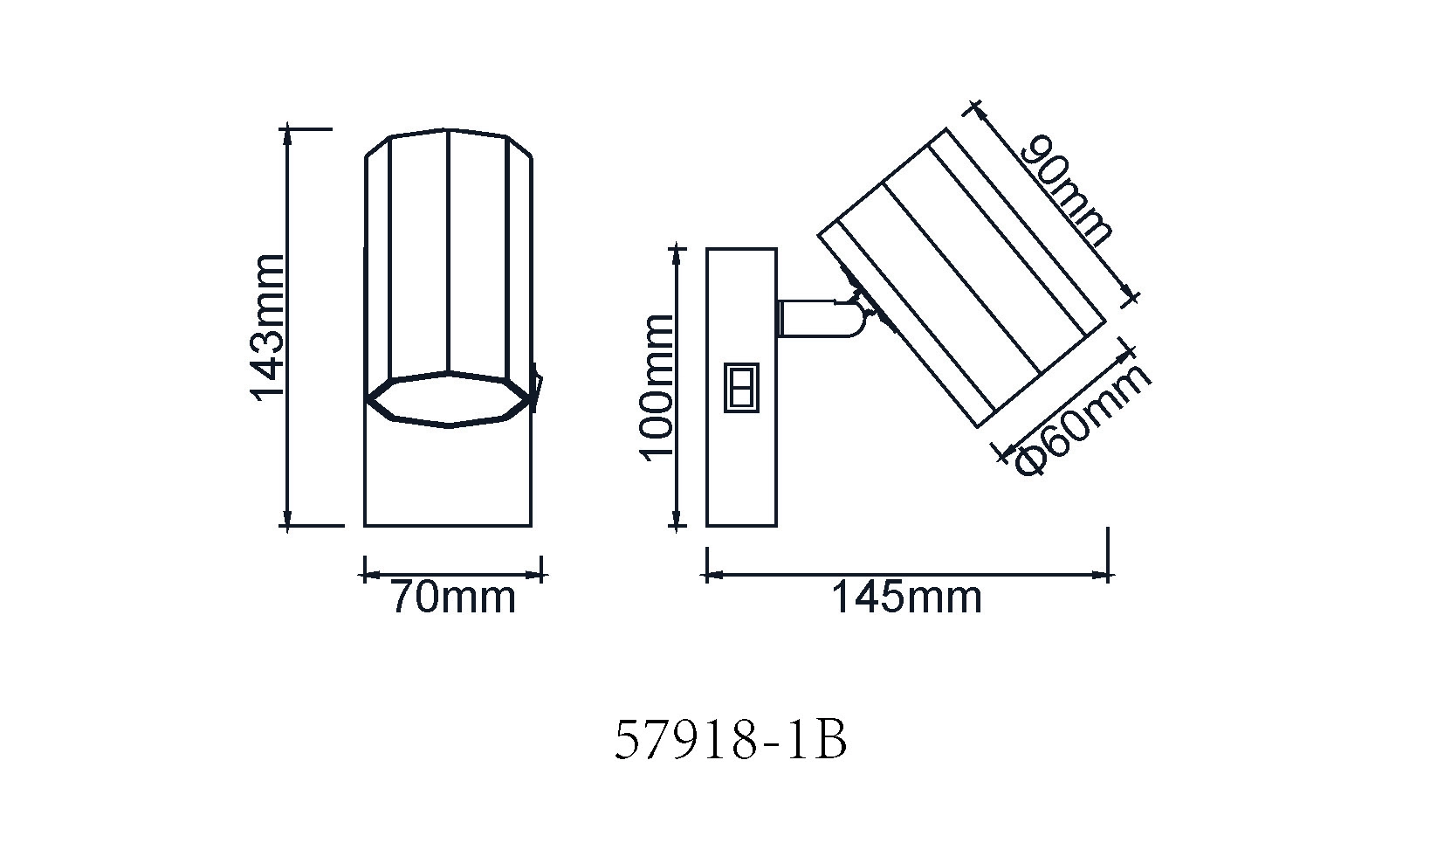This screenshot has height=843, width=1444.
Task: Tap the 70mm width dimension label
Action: point(452,598)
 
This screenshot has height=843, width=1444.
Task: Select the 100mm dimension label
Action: point(657,387)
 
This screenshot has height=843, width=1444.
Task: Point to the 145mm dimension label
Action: point(906,598)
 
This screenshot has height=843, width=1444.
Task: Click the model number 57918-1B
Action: point(732,742)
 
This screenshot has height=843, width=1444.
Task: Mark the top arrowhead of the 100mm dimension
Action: point(677,255)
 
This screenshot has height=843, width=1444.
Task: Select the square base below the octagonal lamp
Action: point(448,476)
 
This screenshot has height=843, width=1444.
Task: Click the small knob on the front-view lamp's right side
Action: point(536,390)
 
